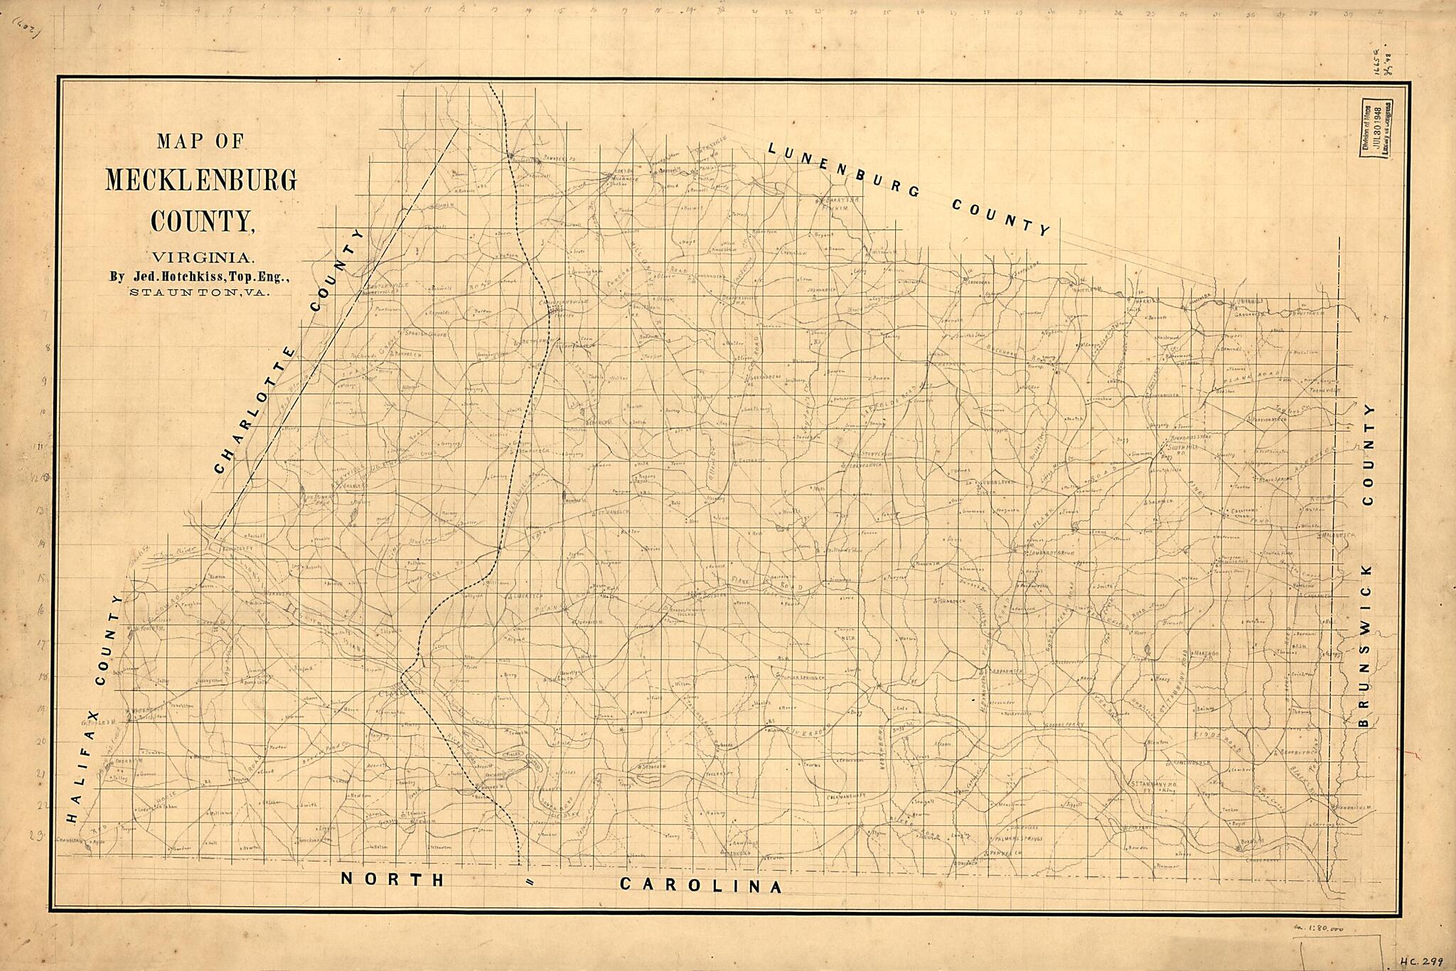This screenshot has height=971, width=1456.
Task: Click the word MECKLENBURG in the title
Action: click(201, 181)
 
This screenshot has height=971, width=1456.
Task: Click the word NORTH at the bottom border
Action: click(392, 879)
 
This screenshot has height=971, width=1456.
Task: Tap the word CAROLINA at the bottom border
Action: click(701, 886)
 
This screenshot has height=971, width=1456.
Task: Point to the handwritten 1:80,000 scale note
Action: click(1330, 929)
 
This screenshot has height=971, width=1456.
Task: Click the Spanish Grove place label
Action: click(425, 333)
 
